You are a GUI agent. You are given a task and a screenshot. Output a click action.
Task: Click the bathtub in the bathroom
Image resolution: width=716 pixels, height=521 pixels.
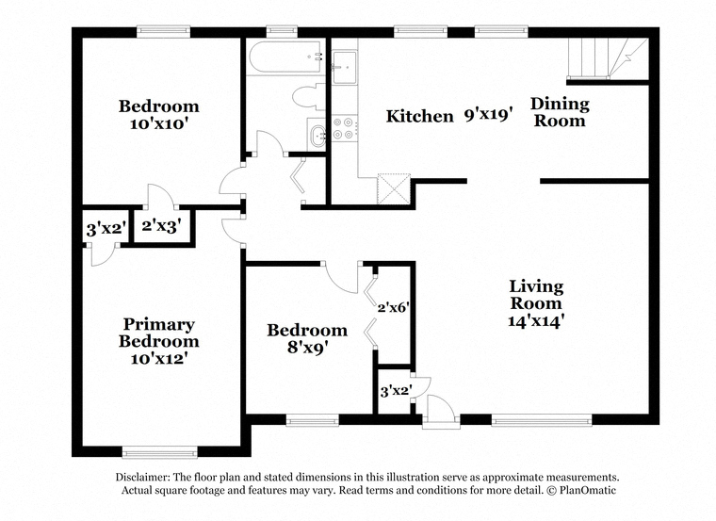[x=285, y=57]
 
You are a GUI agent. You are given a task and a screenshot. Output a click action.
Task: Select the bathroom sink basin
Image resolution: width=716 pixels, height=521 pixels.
[x=317, y=134]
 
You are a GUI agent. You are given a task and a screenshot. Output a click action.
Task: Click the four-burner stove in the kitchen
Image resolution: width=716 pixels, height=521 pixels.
[x=344, y=128]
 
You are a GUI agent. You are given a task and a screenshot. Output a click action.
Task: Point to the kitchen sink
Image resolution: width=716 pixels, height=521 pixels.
[x=344, y=68]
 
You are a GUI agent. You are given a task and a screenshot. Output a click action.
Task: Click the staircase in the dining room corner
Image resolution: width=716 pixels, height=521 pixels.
[x=608, y=58]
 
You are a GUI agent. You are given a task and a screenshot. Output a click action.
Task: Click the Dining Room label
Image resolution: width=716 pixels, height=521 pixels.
[x=560, y=112]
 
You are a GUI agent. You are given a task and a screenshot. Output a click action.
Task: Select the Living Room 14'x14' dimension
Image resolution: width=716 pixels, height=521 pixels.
[x=534, y=321]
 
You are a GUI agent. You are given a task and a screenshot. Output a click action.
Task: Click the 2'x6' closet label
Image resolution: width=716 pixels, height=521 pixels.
[x=392, y=308]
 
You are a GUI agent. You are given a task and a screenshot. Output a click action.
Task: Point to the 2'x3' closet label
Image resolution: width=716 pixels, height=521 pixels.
[x=162, y=225]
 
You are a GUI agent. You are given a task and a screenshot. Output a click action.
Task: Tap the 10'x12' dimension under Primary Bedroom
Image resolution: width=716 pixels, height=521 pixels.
[x=159, y=358]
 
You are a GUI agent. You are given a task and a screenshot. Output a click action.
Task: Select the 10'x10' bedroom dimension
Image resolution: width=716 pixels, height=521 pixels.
[x=159, y=123]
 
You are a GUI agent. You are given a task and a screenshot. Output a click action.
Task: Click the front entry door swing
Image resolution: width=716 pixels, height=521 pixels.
[x=441, y=409]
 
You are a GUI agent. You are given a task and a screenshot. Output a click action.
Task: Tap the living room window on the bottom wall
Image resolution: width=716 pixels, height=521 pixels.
[x=542, y=419]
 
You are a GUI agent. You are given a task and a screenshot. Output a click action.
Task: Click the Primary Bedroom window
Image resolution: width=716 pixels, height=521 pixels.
[x=160, y=451]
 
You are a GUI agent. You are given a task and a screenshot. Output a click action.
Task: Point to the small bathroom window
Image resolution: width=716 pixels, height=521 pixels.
[x=283, y=31]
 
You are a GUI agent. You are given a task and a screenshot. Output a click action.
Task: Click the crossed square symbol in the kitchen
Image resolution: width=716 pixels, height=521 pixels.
[x=394, y=188]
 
